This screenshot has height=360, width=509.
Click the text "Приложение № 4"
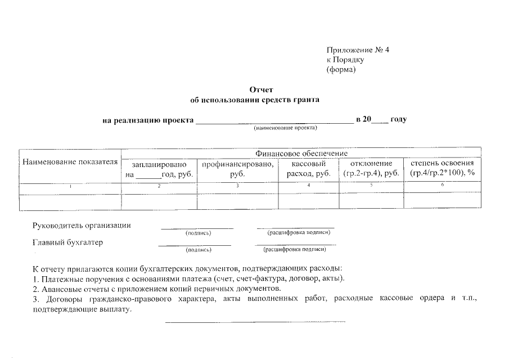pos(358,50)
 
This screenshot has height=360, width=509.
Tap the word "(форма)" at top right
pos(341,70)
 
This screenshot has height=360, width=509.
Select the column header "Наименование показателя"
pos(70,163)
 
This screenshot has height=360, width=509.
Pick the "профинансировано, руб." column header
pos(238,169)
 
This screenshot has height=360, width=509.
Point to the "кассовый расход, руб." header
pos(309,169)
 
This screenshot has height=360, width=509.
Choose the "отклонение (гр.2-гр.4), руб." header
pos(371,169)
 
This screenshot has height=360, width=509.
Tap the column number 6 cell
pos(443,185)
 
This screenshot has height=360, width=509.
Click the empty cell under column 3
pos(238,201)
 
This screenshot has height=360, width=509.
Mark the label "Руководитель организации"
pos(82,226)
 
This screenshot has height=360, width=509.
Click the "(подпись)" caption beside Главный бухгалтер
pos(198,250)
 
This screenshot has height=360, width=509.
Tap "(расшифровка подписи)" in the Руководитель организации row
pos(295,232)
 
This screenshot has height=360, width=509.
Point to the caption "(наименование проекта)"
pos(286,128)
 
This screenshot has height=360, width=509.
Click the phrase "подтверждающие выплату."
pos(82,310)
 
